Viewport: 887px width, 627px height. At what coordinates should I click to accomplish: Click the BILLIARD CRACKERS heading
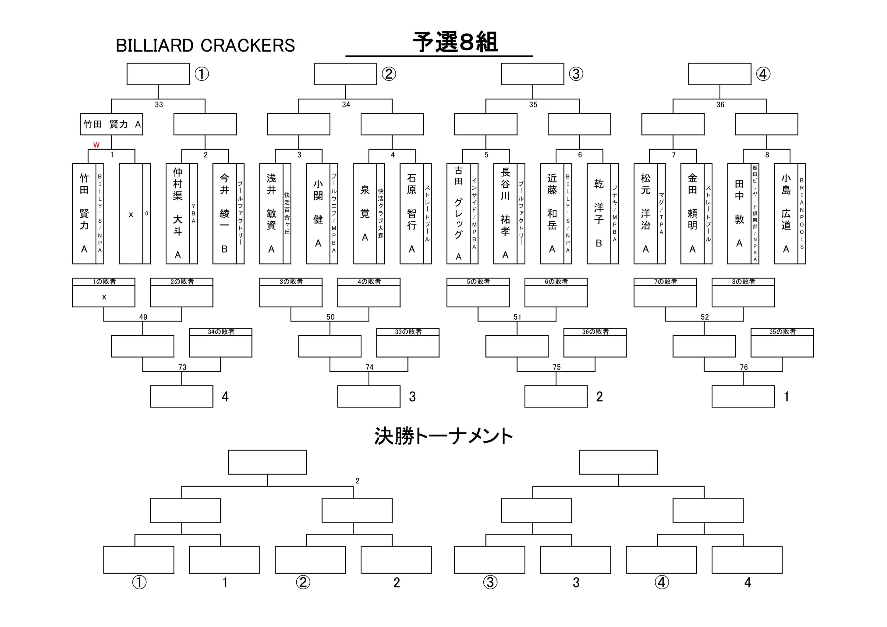click(205, 46)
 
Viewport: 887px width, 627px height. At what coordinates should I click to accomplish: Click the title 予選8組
click(455, 42)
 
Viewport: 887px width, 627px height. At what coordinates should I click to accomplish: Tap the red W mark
click(96, 145)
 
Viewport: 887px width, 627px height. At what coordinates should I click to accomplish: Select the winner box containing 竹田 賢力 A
click(111, 124)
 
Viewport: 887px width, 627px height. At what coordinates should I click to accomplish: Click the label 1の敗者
click(104, 282)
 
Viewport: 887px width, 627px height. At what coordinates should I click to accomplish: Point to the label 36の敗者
click(595, 332)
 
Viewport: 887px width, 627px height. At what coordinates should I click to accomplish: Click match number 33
click(159, 105)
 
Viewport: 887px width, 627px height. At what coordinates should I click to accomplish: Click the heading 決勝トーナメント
click(443, 436)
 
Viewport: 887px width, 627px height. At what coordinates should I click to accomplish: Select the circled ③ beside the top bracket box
click(576, 74)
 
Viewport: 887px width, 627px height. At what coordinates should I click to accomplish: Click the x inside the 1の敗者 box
click(104, 297)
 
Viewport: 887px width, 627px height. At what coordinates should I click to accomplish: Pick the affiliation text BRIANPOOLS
click(802, 214)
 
